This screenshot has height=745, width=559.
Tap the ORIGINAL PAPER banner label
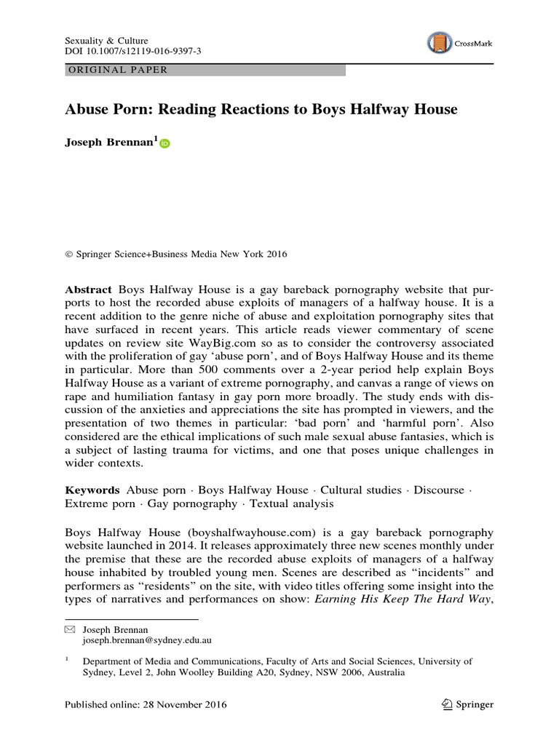coord(117,70)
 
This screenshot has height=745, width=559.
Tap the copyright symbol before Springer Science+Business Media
coord(69,255)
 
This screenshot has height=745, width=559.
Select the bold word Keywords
coord(92,490)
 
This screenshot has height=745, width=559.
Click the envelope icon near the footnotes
coord(70,628)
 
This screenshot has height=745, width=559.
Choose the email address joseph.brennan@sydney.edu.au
coord(139,640)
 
